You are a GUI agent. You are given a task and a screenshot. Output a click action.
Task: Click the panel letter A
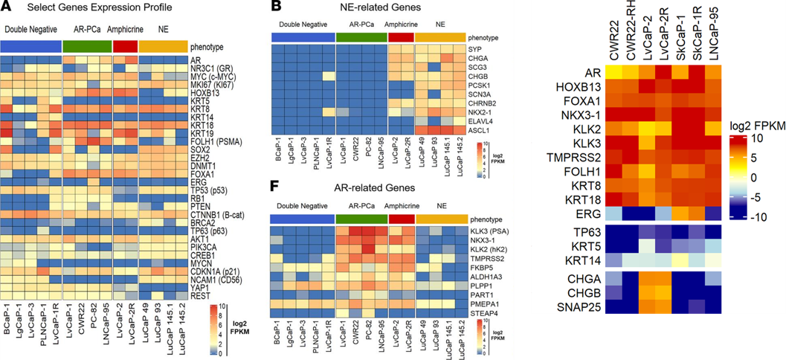pos(6,7)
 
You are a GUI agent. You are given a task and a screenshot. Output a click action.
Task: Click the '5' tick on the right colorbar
pos(753,158)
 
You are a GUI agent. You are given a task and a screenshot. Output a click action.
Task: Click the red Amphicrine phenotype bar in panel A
pos(124,46)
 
